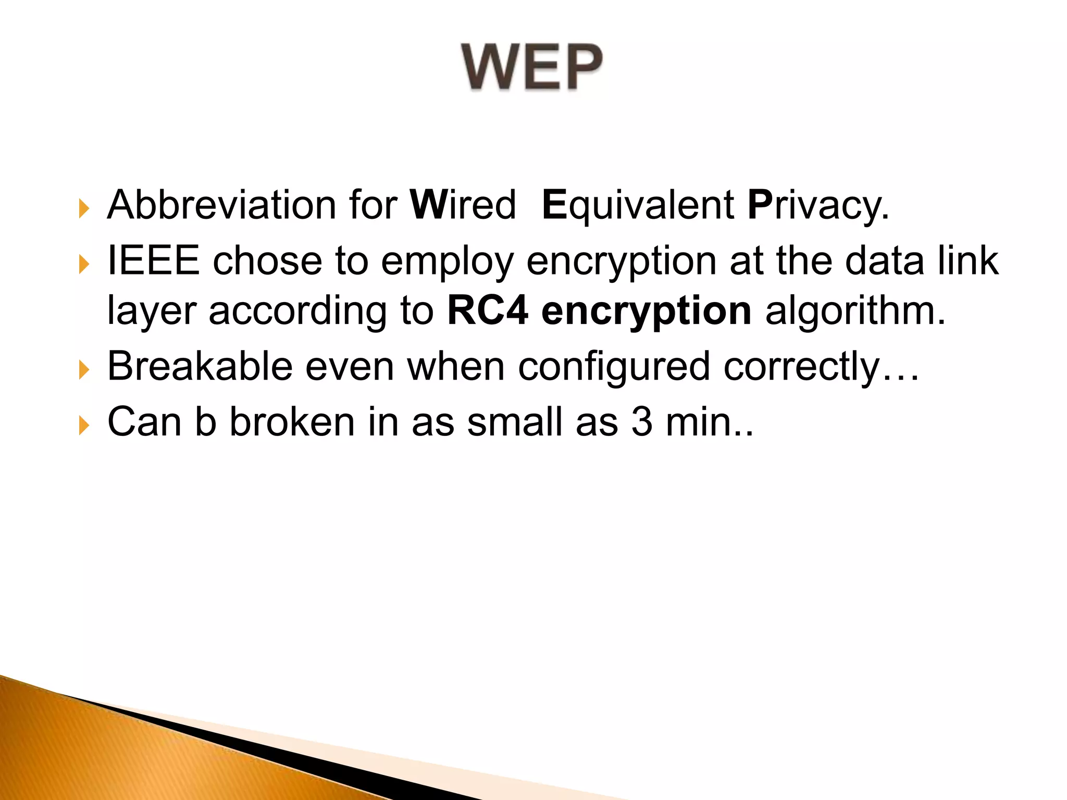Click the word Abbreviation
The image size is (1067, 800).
[221, 205]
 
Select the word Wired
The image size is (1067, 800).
[463, 205]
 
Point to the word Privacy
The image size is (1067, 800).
[817, 206]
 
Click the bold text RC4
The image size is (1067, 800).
[487, 311]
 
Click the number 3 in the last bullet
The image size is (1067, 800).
[641, 421]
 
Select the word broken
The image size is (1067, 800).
[292, 421]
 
